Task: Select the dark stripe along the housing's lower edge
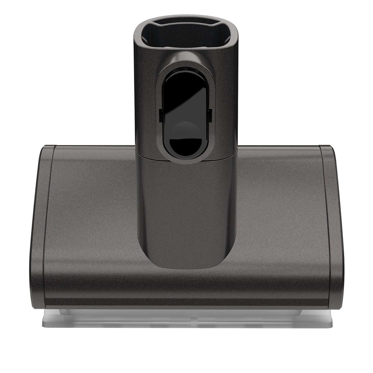click(186, 302)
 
